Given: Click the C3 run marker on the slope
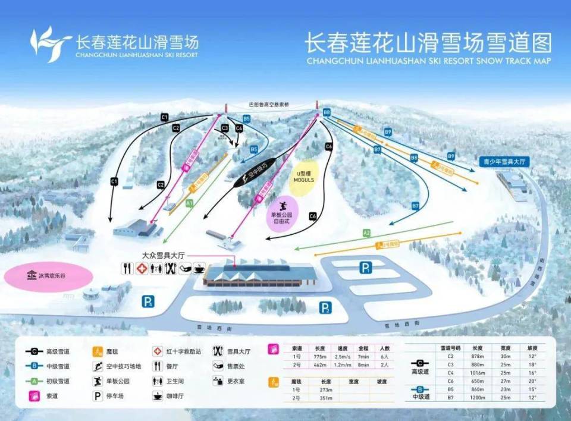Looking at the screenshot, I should pyautogui.click(x=225, y=128).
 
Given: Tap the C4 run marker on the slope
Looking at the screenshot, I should pyautogui.click(x=239, y=128).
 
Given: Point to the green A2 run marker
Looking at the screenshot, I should pyautogui.click(x=366, y=233).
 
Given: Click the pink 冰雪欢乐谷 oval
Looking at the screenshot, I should pyautogui.click(x=48, y=276).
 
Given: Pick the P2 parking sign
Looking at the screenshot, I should pyautogui.click(x=325, y=307).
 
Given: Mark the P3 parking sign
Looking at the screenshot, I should pyautogui.click(x=148, y=301).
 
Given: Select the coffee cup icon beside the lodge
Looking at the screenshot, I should pyautogui.click(x=199, y=268).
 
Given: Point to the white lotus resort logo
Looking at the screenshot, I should pyautogui.click(x=51, y=43).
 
